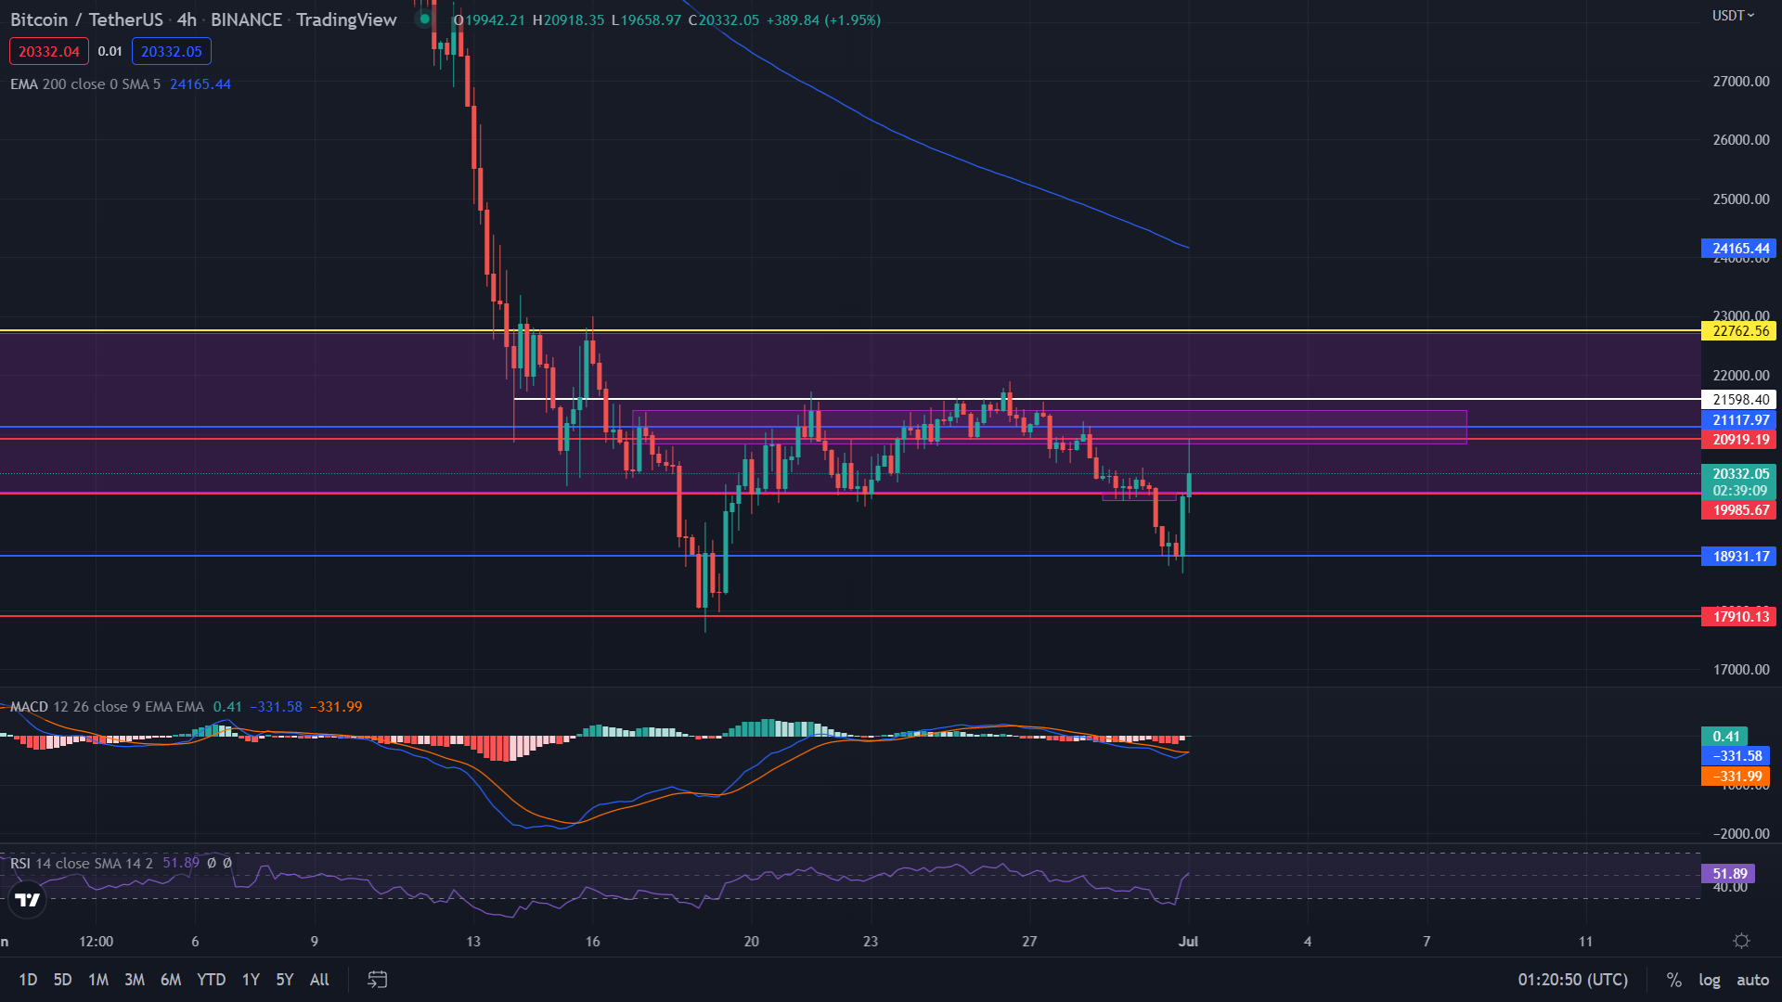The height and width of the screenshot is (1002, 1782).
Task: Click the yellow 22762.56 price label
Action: click(x=1737, y=331)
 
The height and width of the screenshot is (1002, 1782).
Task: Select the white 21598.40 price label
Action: click(x=1737, y=400)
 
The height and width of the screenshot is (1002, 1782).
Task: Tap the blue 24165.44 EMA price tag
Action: click(x=1737, y=249)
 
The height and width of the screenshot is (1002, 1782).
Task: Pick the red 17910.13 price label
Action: click(x=1737, y=617)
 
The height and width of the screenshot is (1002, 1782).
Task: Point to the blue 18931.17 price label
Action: click(x=1737, y=557)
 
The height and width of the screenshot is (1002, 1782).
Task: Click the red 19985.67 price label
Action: click(x=1737, y=510)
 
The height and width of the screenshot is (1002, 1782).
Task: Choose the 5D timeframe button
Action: click(x=62, y=980)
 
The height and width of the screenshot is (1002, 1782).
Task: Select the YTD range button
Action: click(x=211, y=980)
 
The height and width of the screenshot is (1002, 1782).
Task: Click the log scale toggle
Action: click(x=1709, y=980)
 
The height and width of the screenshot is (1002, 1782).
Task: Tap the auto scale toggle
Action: click(x=1752, y=980)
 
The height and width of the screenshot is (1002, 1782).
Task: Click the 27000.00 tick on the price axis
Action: click(x=1740, y=82)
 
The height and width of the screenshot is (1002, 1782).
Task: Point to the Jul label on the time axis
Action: click(x=1188, y=942)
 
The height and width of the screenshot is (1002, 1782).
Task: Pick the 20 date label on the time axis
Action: click(x=751, y=942)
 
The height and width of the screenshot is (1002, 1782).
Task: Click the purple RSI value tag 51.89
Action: click(x=1729, y=874)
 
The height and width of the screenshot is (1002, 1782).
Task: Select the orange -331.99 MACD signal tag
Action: click(x=1735, y=777)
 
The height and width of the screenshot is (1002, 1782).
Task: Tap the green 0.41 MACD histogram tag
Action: click(x=1724, y=737)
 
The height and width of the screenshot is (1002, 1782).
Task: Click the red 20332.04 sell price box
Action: click(x=49, y=52)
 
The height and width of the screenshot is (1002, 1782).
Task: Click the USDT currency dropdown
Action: click(x=1733, y=16)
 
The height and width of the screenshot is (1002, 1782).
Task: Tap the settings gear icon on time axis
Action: click(x=1741, y=942)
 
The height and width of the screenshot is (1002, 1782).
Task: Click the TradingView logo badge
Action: click(x=28, y=900)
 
